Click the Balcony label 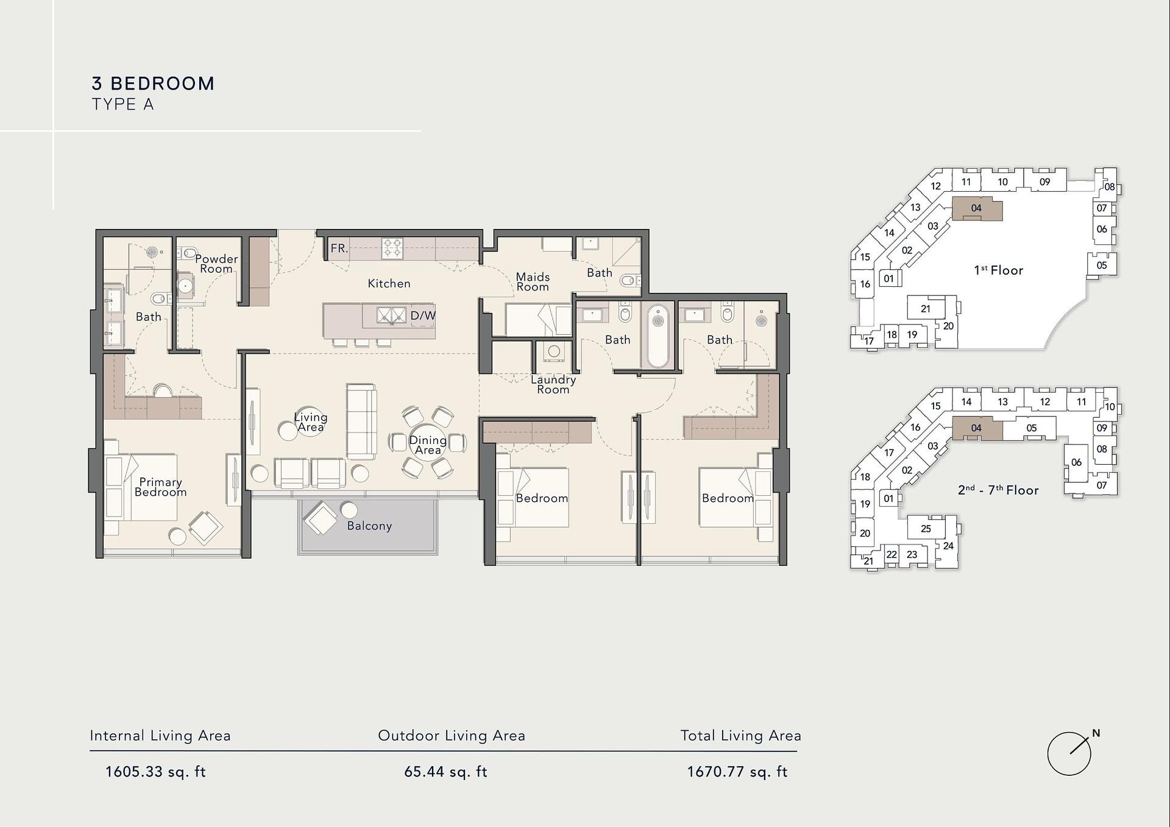(x=369, y=526)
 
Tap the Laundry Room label (x=553, y=384)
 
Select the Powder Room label (x=216, y=264)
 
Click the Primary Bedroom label (x=160, y=487)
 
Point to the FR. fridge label (x=339, y=248)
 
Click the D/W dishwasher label (x=423, y=315)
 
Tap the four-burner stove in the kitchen (x=392, y=248)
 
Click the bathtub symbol (x=658, y=336)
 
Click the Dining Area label (x=428, y=445)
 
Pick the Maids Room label (x=533, y=282)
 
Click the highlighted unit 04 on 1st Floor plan (x=977, y=208)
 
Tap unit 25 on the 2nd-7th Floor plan (x=926, y=529)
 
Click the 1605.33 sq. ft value (x=155, y=772)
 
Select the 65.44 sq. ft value (x=445, y=772)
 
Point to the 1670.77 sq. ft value (x=737, y=772)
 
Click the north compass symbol (x=1069, y=753)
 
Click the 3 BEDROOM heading (x=153, y=83)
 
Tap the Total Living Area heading (x=740, y=736)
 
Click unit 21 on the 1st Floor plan (x=926, y=309)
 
